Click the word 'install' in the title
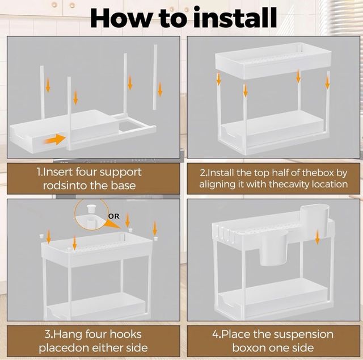tap(235, 18)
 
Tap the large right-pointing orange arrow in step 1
tap(55, 139)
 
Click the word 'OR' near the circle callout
tap(113, 216)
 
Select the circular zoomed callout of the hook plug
tap(92, 215)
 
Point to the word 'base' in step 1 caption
tap(123, 186)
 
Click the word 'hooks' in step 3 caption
tap(125, 334)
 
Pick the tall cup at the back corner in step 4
tap(314, 217)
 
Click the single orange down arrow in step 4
tap(318, 236)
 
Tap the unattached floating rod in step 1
tap(155, 77)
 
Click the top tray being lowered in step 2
tap(273, 61)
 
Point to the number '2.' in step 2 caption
tap(203, 173)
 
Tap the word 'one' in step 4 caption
tap(282, 348)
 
